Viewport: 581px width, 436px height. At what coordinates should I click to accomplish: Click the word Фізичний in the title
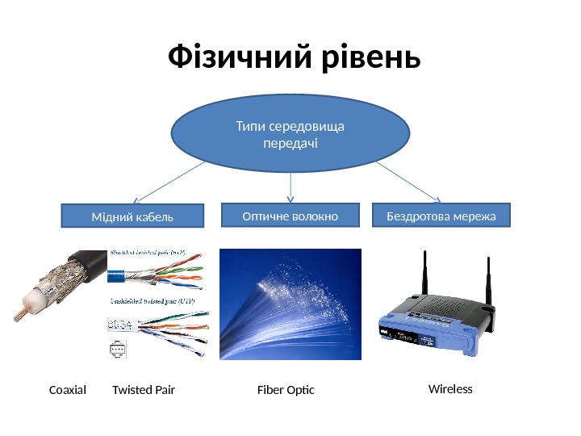pos(238,58)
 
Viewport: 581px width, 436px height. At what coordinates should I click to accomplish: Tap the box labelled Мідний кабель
pos(133,216)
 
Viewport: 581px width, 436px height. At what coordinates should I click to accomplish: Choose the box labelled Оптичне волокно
pos(290,215)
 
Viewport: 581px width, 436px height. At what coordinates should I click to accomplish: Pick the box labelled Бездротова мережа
pos(441,216)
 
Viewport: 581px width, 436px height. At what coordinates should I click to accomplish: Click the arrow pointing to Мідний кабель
pos(169,182)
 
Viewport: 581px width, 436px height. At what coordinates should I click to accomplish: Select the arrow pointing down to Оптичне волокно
pos(290,187)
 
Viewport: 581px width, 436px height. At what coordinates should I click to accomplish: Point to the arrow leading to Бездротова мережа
pos(408,181)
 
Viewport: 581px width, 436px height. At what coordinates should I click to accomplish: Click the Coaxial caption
pos(67,391)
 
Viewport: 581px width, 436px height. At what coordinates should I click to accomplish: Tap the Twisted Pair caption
pos(144,391)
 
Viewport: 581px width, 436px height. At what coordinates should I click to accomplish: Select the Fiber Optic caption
pos(285,391)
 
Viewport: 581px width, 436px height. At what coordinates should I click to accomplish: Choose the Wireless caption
pos(450,389)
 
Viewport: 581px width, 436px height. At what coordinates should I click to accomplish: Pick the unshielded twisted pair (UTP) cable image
pos(161,327)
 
